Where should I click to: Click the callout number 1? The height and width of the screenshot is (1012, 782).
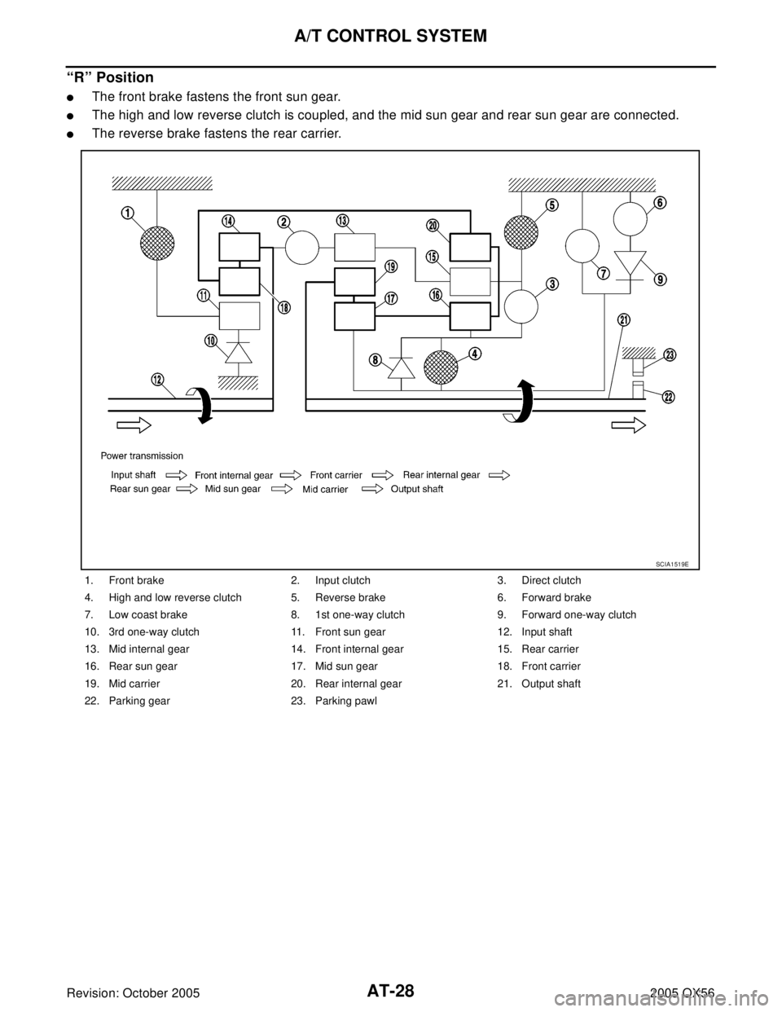pos(128,213)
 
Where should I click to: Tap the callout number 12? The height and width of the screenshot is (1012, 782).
pos(157,379)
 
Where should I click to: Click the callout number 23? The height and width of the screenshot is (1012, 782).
pos(670,355)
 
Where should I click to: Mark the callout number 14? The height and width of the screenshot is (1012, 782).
pos(228,221)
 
